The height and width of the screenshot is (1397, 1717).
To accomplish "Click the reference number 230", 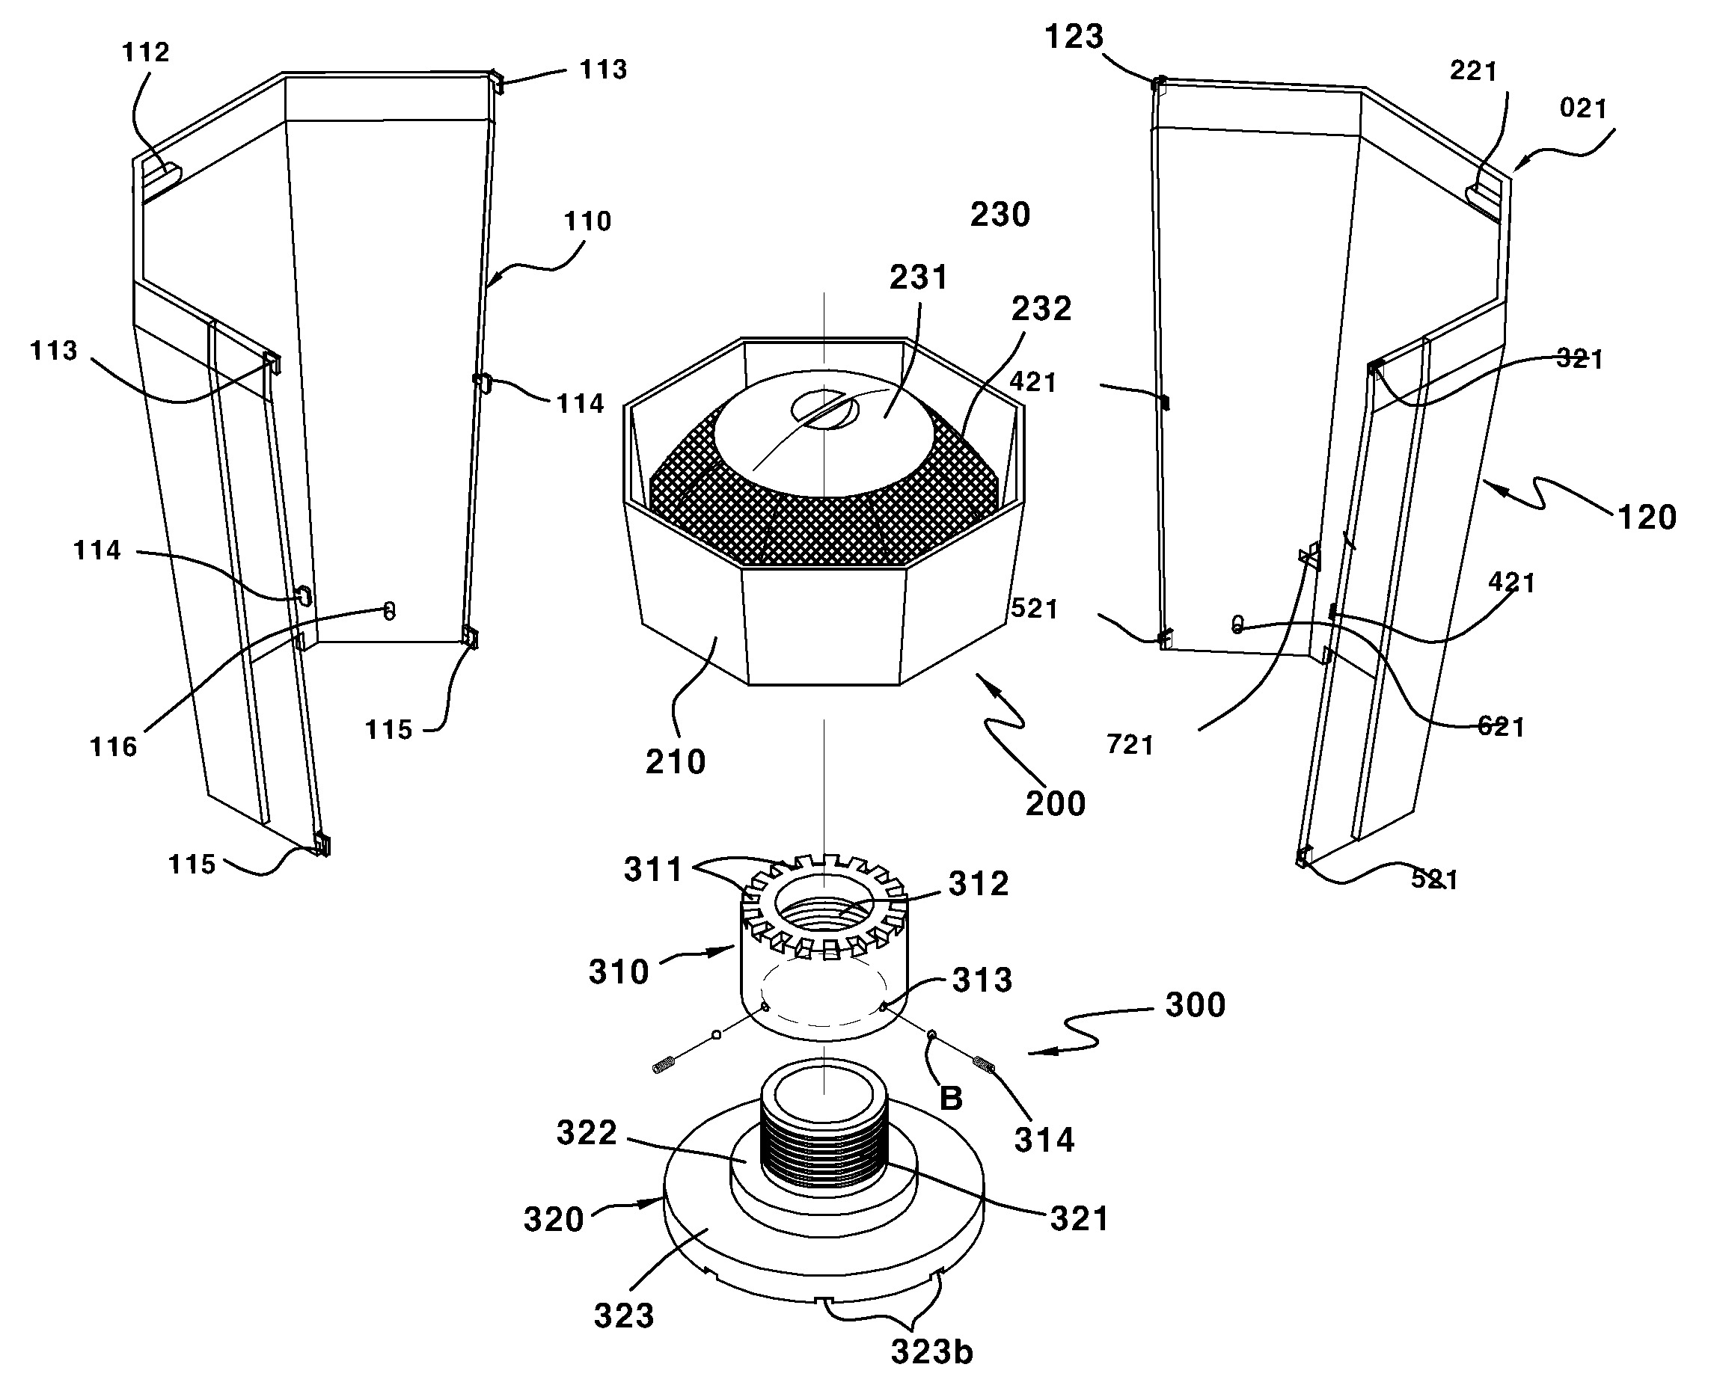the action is (x=1000, y=215).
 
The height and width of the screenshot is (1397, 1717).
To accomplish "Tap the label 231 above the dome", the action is (x=919, y=277).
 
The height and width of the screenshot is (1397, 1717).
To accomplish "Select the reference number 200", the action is (x=1056, y=803).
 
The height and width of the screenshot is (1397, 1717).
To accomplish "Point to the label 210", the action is (x=676, y=761).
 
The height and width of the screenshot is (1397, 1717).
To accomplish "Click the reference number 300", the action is (x=1196, y=1004).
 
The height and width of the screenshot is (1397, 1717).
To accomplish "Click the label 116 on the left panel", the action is (x=114, y=747).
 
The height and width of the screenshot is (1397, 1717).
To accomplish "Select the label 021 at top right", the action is (x=1583, y=108).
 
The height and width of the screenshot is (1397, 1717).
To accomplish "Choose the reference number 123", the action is (x=1074, y=37).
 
